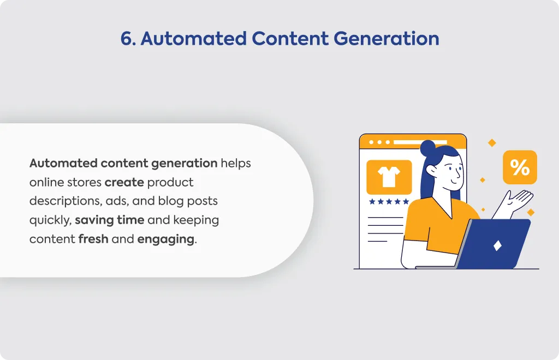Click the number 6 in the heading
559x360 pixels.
pos(127,39)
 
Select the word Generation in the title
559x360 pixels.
pos(386,39)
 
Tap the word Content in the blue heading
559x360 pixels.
pos(290,39)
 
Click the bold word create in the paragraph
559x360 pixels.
pos(124,182)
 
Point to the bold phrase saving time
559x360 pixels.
pos(109,220)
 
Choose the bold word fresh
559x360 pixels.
pos(93,238)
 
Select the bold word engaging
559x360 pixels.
pos(166,239)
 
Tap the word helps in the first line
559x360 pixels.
pos(236,164)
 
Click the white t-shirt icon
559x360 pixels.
pos(389,177)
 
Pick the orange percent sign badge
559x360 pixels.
pos(520,167)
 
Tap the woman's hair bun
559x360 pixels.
pos(428,148)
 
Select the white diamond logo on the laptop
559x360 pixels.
pos(497,245)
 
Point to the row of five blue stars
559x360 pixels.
pos(389,201)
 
